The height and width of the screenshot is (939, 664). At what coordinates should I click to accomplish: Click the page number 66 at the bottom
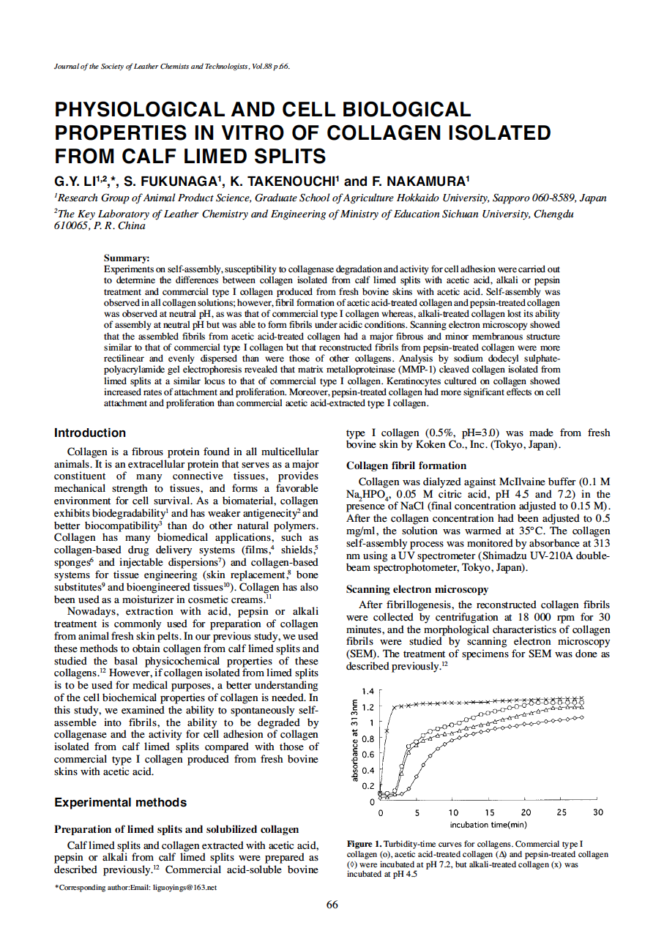332,905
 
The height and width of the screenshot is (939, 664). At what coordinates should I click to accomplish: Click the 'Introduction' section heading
90,433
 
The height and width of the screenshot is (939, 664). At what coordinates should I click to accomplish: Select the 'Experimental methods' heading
120,802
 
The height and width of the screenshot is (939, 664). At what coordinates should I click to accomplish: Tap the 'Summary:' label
127,258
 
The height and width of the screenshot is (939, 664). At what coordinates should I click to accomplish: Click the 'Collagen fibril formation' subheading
406,465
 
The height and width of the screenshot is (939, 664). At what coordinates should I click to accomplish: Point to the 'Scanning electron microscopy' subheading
417,589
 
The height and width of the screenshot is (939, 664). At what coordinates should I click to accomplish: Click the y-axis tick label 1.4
368,692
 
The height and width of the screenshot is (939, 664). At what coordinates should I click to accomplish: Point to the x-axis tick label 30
598,813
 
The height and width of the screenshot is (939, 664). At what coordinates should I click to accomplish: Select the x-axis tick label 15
489,813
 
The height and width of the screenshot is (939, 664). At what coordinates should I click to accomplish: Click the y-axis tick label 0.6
368,755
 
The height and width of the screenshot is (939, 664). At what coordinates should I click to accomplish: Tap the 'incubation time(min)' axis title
489,825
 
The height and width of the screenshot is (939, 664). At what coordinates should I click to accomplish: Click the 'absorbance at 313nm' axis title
354,740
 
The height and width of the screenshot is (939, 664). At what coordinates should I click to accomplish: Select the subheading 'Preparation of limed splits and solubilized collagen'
176,829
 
